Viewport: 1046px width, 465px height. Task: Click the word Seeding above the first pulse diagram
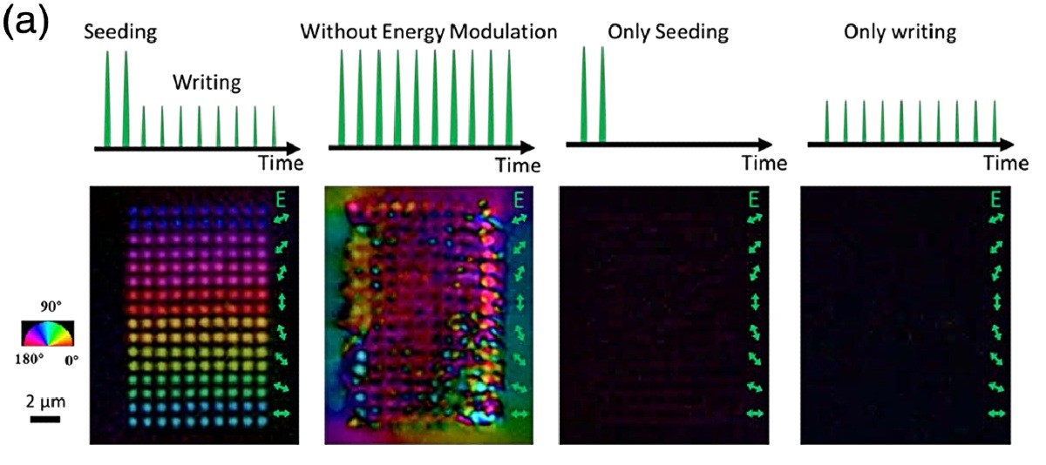point(120,33)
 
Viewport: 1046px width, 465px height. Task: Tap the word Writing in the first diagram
point(206,84)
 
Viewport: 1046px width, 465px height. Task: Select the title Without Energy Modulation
point(428,33)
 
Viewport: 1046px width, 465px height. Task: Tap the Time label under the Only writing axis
point(1006,163)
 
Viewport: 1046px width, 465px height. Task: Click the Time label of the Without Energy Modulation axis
point(518,165)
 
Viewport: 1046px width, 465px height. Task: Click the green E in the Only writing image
point(995,199)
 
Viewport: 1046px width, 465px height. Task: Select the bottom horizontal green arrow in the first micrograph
point(282,414)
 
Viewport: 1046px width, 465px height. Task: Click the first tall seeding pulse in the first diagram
point(108,98)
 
